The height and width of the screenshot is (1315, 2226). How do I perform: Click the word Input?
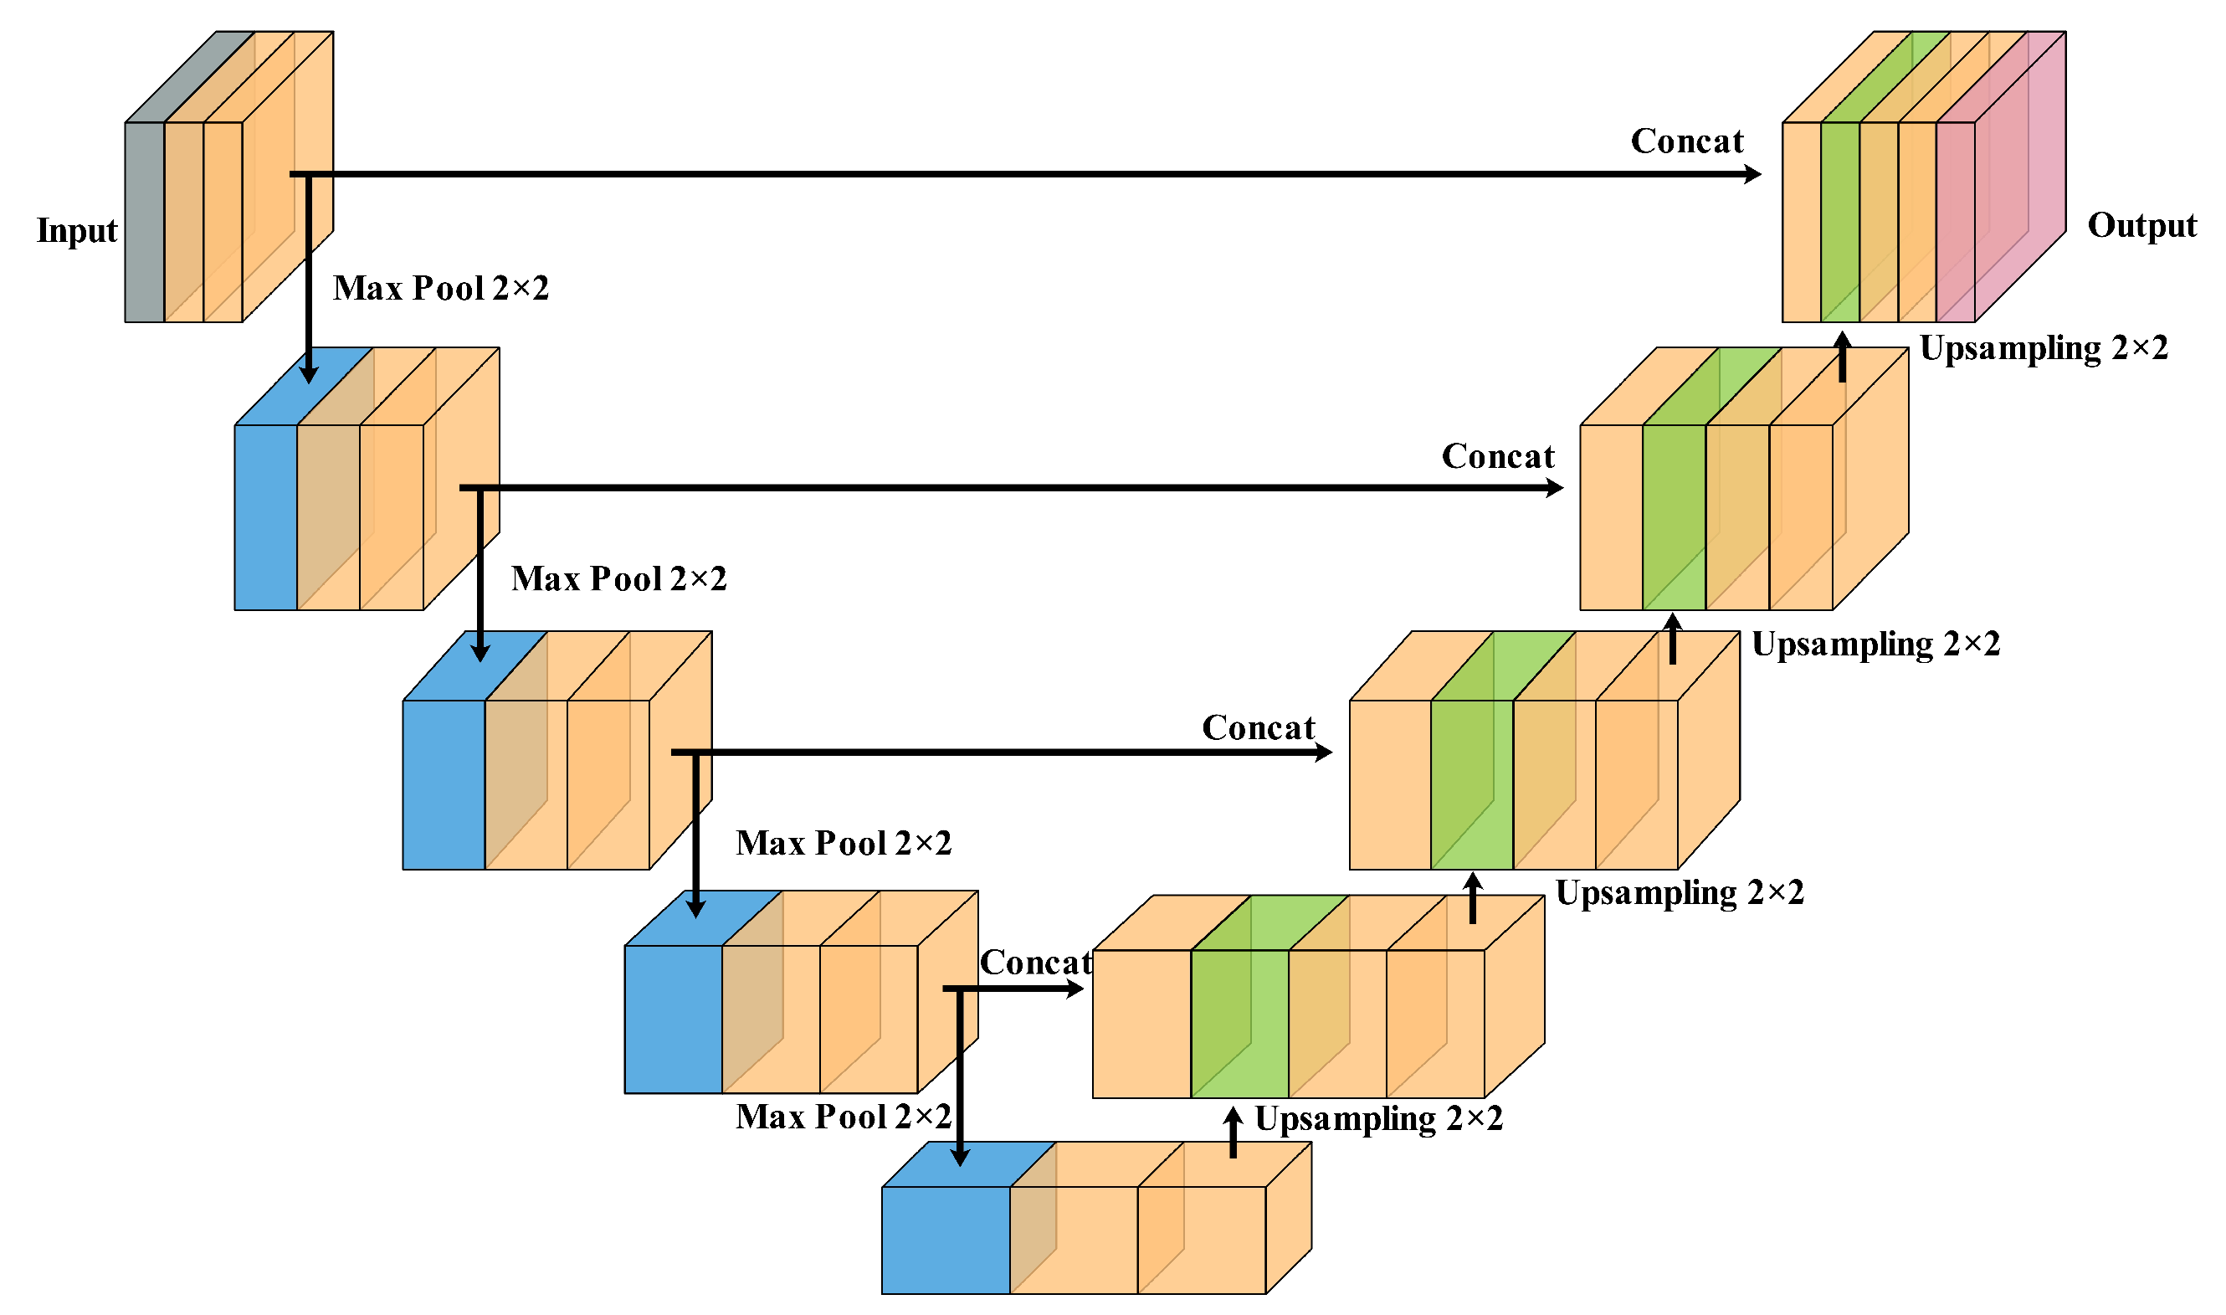pyautogui.click(x=77, y=231)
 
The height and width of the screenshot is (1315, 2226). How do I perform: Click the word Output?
pyautogui.click(x=2141, y=226)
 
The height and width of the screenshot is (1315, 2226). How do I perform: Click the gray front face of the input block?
pyautogui.click(x=145, y=222)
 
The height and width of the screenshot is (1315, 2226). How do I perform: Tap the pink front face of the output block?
pyautogui.click(x=1955, y=222)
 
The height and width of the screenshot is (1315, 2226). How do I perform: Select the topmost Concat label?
pyautogui.click(x=1686, y=141)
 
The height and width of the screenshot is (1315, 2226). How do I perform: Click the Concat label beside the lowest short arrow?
pyautogui.click(x=1034, y=963)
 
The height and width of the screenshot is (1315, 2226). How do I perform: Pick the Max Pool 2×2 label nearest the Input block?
pyautogui.click(x=440, y=289)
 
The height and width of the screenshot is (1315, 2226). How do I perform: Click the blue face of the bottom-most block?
pyautogui.click(x=945, y=1240)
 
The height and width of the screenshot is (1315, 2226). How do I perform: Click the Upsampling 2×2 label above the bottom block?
pyautogui.click(x=1378, y=1119)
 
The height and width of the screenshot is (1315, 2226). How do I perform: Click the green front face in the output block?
pyautogui.click(x=1839, y=222)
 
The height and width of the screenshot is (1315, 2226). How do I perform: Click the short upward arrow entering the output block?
pyautogui.click(x=1842, y=357)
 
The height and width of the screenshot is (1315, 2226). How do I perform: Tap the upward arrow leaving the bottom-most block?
pyautogui.click(x=1233, y=1133)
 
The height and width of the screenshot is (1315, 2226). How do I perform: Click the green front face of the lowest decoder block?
pyautogui.click(x=1239, y=1024)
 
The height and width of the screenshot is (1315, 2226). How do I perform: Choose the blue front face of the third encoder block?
pyautogui.click(x=444, y=784)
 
